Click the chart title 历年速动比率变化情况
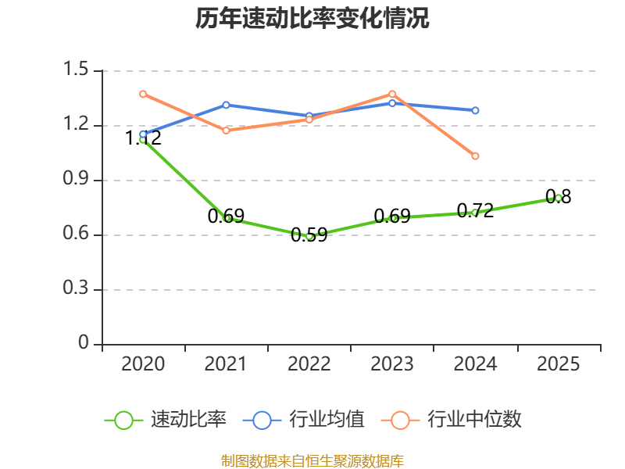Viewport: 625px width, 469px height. pos(312,19)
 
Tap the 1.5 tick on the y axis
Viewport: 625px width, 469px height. pos(79,70)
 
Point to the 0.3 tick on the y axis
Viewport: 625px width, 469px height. pos(79,290)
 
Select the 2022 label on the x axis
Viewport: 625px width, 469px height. pos(309,364)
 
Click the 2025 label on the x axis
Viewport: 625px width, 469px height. pos(559,364)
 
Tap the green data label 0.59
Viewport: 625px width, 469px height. pos(309,234)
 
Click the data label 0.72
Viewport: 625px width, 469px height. pos(475,210)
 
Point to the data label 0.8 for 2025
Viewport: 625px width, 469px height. pos(558,197)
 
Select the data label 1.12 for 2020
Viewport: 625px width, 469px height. pos(143,138)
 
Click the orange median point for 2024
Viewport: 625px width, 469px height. pos(475,156)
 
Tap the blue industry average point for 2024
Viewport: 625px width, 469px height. pos(475,110)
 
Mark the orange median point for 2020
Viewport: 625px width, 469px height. pos(143,94)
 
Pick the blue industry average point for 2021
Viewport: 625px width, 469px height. pos(226,105)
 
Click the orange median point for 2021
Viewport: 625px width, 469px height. pos(226,131)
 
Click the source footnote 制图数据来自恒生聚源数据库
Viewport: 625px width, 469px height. pos(312,460)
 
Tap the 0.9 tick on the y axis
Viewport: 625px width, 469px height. pos(79,181)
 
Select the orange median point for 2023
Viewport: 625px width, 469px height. pos(392,94)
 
